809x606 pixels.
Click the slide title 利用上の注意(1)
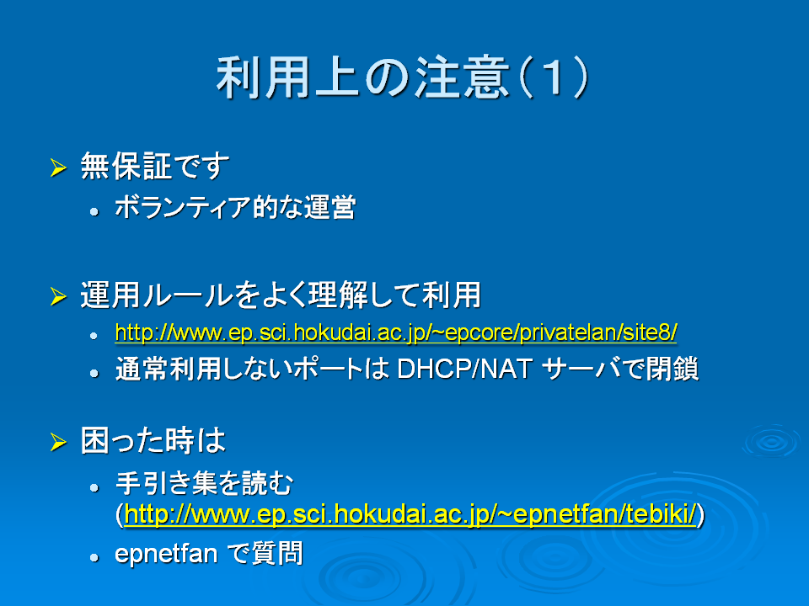403,77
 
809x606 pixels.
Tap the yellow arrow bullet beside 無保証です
58,167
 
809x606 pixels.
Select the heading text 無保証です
155,166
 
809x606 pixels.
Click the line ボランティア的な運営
235,207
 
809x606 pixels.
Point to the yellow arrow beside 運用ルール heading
58,295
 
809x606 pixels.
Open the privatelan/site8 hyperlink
396,332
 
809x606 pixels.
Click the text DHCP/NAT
465,369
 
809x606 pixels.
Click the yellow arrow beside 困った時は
58,442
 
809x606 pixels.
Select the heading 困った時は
153,440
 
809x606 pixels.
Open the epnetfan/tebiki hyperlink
410,514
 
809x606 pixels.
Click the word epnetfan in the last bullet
166,555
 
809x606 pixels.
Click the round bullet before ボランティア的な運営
94,210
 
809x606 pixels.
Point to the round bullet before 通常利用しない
94,373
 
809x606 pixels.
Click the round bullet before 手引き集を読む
94,487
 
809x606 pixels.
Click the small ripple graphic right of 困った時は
772,441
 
